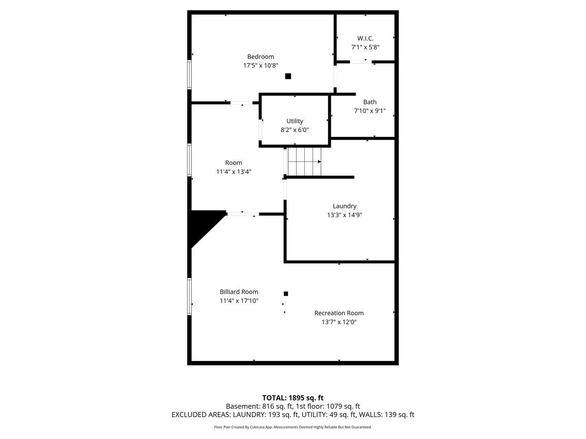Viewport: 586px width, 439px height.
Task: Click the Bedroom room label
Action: [260, 57]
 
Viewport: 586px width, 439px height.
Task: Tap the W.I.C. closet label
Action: [365, 38]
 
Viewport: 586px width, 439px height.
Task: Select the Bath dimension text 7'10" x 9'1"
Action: [370, 111]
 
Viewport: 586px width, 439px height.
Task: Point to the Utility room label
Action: [295, 121]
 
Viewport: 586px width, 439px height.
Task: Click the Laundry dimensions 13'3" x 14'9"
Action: [344, 215]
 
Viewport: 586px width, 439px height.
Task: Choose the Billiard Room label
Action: [239, 292]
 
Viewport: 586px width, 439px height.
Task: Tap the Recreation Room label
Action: [339, 313]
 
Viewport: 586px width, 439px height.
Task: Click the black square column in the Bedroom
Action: [288, 76]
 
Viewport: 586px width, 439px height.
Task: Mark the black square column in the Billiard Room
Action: [286, 294]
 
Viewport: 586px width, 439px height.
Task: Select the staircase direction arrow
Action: [304, 162]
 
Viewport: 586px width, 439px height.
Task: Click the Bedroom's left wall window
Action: [189, 75]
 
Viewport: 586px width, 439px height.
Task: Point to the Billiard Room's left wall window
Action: [189, 297]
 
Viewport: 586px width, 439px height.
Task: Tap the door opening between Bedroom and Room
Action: [241, 103]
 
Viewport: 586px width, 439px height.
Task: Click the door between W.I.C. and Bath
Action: [361, 62]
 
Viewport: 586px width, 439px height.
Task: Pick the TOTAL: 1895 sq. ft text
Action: [293, 398]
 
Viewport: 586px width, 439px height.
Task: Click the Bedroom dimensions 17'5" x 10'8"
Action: [260, 65]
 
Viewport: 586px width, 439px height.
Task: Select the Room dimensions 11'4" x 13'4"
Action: [234, 172]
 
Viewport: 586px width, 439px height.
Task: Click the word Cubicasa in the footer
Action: [256, 427]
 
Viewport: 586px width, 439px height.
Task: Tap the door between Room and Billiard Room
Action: [243, 214]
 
